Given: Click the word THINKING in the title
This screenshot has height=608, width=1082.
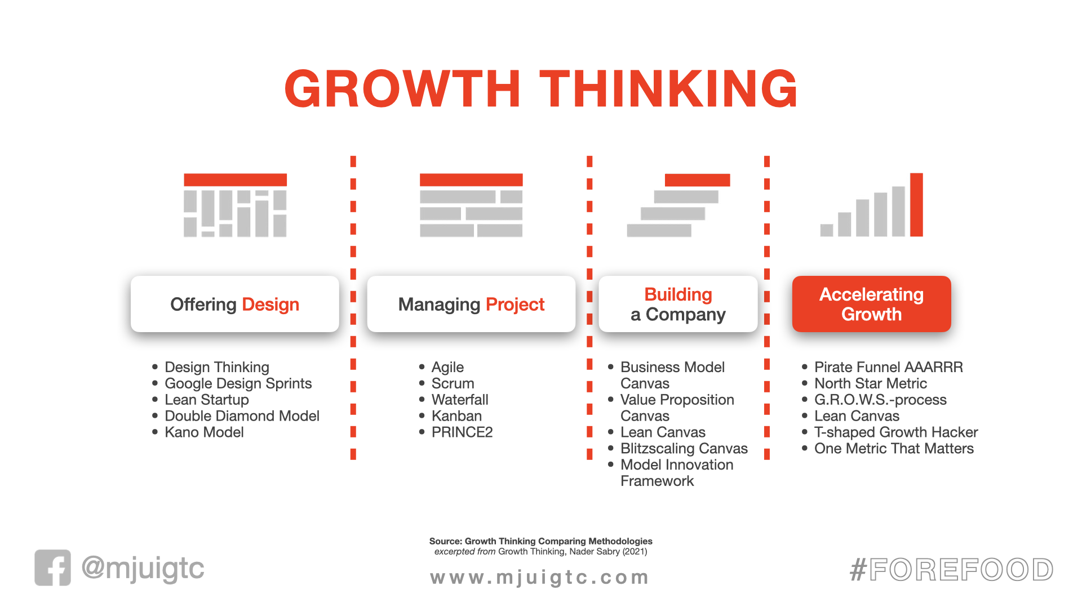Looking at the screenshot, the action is [668, 88].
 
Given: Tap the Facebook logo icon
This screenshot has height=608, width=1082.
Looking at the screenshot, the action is [53, 567].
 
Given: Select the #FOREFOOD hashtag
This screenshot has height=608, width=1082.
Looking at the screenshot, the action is [951, 569].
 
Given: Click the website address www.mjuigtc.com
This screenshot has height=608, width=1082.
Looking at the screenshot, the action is [539, 577].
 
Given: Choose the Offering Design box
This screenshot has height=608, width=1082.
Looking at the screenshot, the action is [235, 304].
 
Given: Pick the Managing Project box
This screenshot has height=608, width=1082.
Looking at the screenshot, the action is [471, 304].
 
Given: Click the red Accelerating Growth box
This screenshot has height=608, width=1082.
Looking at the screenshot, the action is [871, 304].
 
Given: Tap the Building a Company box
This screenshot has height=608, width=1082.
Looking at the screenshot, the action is [678, 304].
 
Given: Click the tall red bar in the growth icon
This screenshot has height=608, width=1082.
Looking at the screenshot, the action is [916, 204].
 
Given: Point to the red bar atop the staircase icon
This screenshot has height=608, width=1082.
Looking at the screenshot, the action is [697, 180].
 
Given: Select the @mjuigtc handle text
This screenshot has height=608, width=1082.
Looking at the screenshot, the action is [143, 568].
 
